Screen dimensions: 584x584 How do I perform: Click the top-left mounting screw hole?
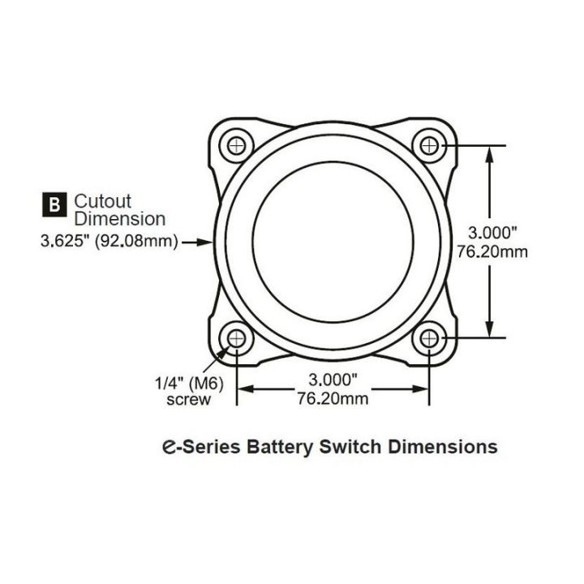point(237,145)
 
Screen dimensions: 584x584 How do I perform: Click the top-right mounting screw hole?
point(430,145)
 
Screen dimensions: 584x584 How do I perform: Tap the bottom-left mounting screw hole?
point(237,337)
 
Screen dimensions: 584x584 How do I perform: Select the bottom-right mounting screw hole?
point(430,337)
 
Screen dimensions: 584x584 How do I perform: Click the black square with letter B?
point(54,204)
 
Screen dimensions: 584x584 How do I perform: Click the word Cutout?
point(102,200)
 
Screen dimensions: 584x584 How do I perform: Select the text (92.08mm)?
point(136,241)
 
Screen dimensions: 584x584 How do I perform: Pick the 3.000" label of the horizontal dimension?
point(333,380)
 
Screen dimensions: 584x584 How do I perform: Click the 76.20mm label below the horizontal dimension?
point(333,398)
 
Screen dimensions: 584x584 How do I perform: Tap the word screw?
point(189,399)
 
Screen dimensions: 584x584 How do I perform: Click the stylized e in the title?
point(168,446)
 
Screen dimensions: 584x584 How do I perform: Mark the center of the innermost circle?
point(333,241)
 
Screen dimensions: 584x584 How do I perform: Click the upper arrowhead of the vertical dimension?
point(489,153)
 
